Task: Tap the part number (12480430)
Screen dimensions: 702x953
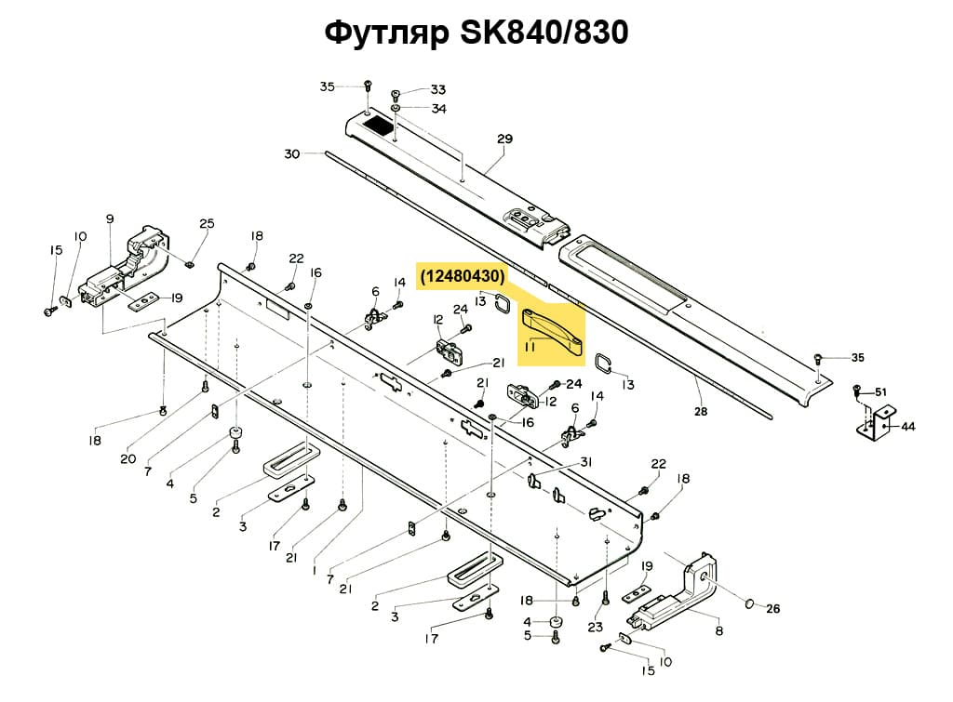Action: click(463, 276)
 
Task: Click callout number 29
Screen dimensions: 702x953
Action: click(504, 139)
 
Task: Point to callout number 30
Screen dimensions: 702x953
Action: click(292, 153)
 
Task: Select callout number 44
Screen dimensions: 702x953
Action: click(908, 427)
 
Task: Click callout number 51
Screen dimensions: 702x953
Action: click(881, 391)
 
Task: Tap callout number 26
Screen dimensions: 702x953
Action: click(772, 610)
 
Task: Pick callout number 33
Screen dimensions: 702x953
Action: click(437, 90)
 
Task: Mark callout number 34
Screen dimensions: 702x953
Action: click(437, 109)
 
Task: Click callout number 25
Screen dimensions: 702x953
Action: click(207, 223)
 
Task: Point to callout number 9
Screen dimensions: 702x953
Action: click(110, 219)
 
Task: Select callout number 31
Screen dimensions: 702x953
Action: click(585, 463)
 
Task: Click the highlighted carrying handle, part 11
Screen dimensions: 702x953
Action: click(551, 331)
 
